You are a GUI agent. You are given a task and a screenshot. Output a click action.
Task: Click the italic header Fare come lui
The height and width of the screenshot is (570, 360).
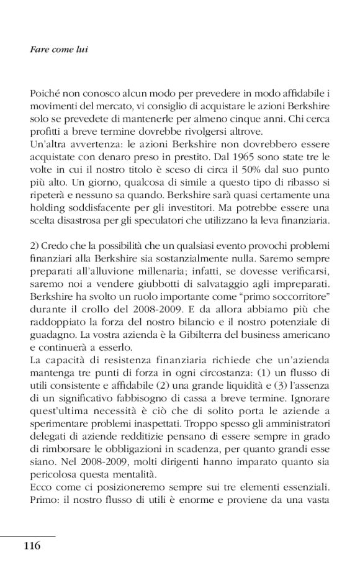point(58,48)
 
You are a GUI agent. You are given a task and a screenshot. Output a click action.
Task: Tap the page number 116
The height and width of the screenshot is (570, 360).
point(32,546)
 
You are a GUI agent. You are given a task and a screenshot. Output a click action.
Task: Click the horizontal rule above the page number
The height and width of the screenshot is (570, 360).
point(27,535)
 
